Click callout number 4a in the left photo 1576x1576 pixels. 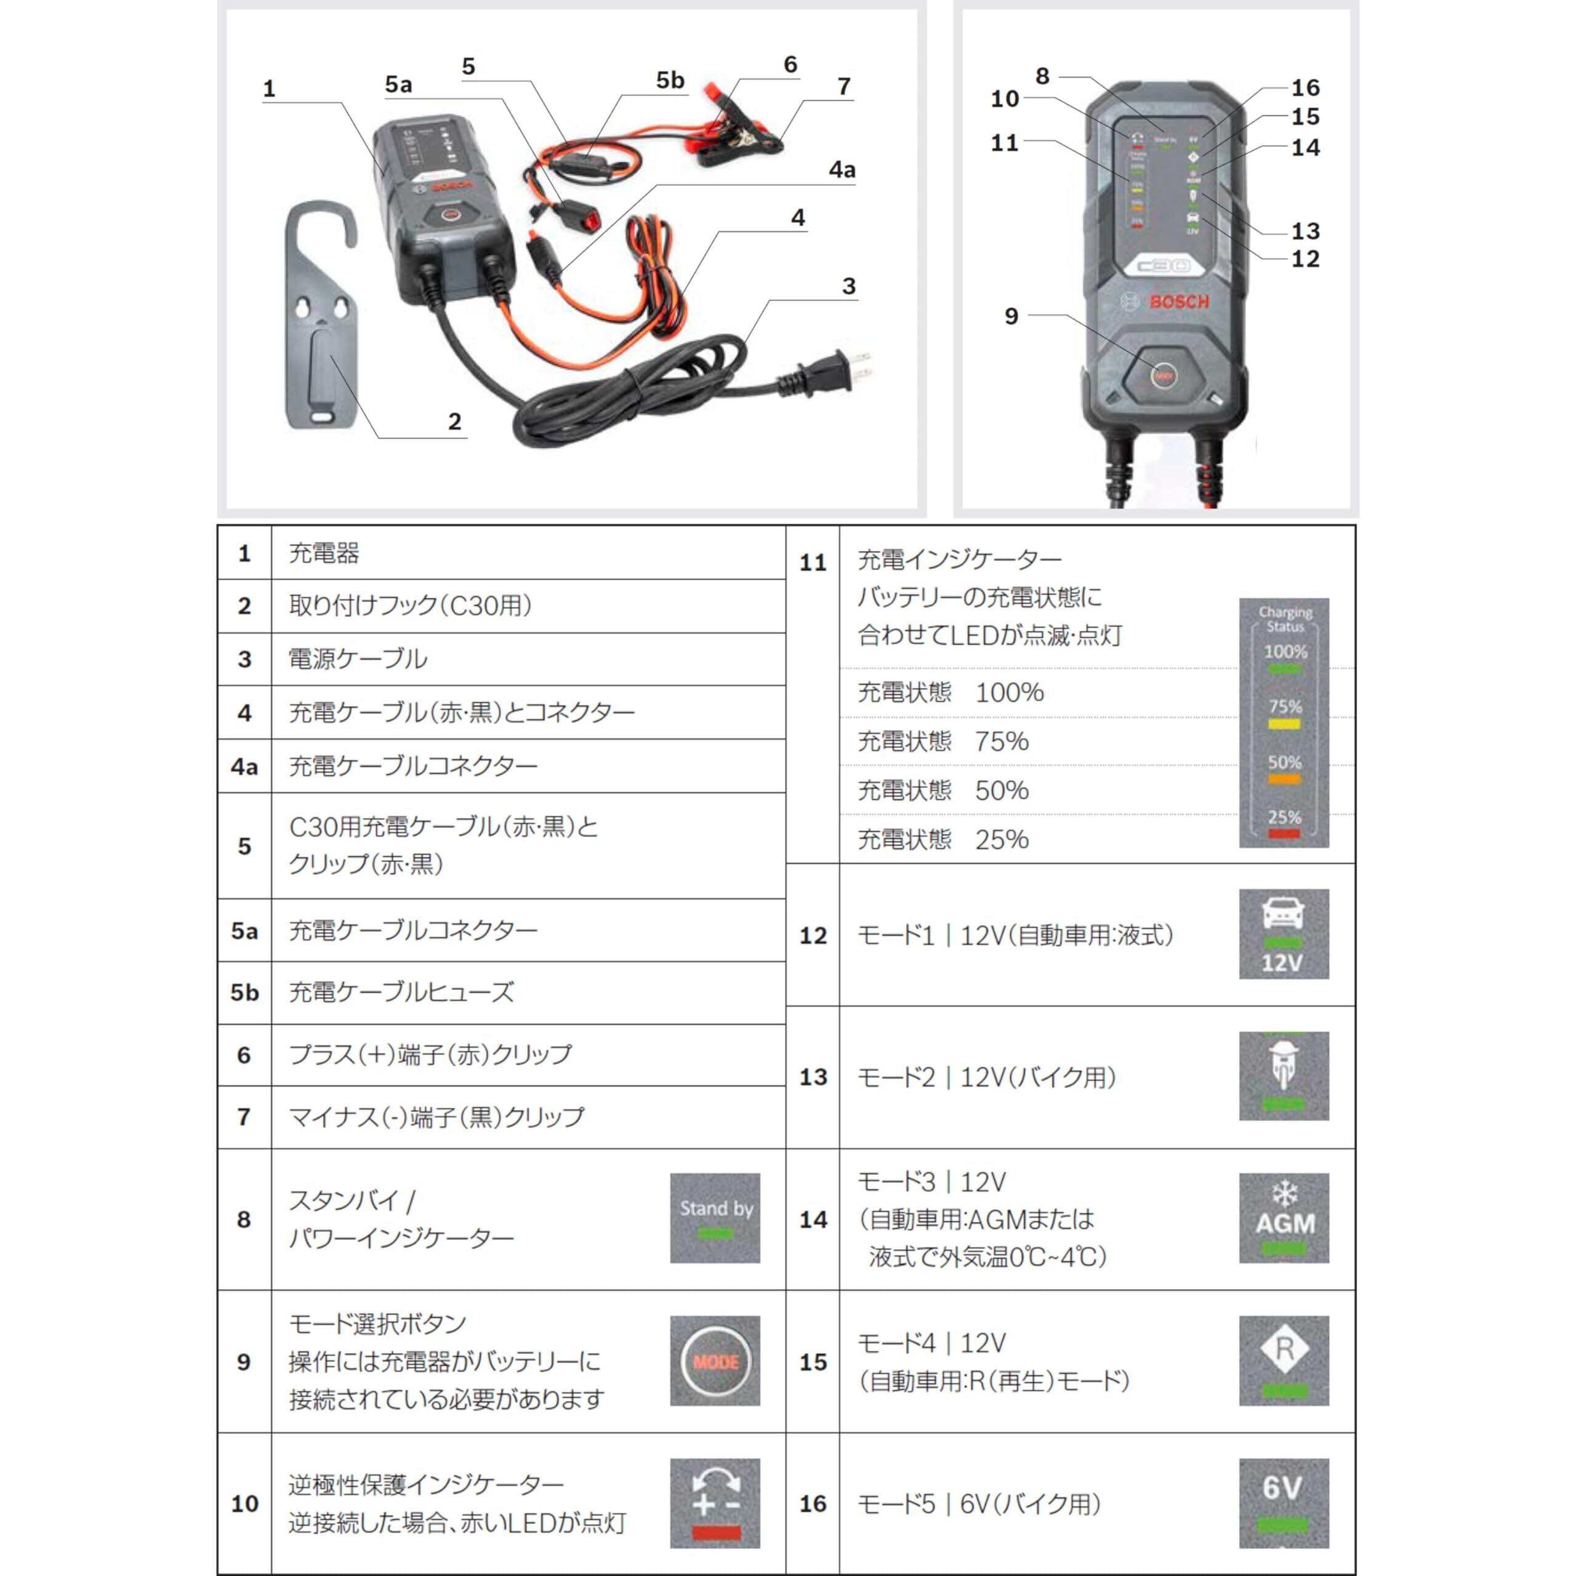(842, 170)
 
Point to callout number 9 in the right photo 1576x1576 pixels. (1011, 316)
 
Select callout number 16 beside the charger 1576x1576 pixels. (1305, 87)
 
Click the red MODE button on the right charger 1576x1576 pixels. (1164, 376)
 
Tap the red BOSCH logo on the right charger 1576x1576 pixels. (1179, 302)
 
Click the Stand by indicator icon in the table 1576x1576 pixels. (715, 1218)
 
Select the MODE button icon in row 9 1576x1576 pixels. (715, 1361)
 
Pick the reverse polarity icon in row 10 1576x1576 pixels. (715, 1503)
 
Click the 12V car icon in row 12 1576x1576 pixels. (1283, 934)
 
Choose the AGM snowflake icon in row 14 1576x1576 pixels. (1283, 1218)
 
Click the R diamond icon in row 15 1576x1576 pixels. (1283, 1361)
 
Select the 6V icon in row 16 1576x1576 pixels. (1283, 1503)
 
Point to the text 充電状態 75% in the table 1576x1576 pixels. (942, 741)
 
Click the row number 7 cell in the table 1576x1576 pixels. (244, 1117)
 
